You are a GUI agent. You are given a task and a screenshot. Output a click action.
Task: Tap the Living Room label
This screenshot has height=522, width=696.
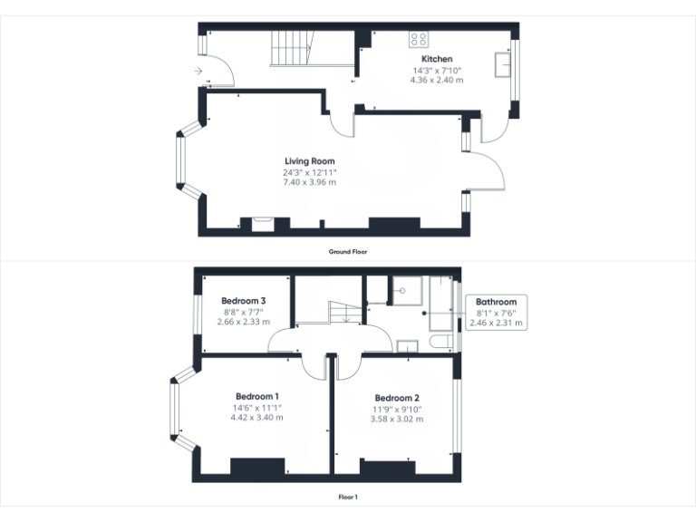click(x=310, y=161)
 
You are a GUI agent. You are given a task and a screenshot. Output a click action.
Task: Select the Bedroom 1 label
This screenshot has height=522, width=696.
click(x=256, y=397)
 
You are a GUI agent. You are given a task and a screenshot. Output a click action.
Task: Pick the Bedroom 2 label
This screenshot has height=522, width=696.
click(x=397, y=398)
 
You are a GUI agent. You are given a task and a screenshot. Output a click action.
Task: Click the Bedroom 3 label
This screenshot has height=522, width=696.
click(x=244, y=301)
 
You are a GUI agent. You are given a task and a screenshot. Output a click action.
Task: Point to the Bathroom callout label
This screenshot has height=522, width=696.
click(x=497, y=302)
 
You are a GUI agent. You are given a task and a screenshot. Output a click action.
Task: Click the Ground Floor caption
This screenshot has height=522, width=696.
click(x=348, y=251)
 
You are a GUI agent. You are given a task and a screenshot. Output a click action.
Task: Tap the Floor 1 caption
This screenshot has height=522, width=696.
click(x=348, y=497)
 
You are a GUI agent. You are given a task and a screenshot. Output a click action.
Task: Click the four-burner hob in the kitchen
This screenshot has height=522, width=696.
click(x=419, y=39)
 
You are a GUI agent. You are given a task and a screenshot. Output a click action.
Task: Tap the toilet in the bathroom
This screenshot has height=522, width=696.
click(x=441, y=342)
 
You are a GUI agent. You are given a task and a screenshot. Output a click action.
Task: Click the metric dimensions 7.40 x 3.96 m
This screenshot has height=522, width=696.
click(x=310, y=182)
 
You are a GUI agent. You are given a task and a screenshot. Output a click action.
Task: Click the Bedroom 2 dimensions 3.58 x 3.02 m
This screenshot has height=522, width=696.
click(x=397, y=419)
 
